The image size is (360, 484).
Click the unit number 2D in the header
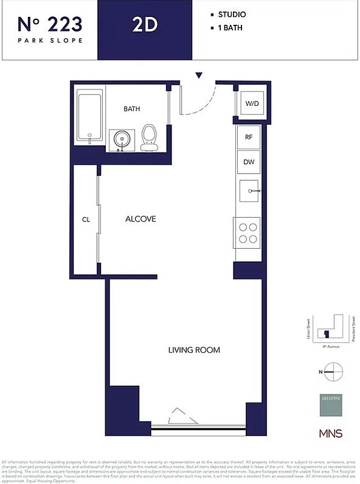pos(145,25)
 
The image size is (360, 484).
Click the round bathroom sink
pos(122,140)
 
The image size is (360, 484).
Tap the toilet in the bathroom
pos(148,137)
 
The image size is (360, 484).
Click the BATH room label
pos(132,110)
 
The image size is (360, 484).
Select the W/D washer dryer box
pos(251,103)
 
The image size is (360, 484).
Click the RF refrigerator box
pos(249,137)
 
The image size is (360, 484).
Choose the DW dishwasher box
pos(249,162)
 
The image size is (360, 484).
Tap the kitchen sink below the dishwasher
pos(249,191)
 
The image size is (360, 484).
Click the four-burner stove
pos(247,233)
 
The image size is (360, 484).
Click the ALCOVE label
pos(140,219)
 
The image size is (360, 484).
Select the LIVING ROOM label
pos(194,350)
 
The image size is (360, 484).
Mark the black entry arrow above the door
pos(198,76)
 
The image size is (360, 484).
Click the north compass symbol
pos(333,371)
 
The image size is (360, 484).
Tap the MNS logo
pos(330,434)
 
